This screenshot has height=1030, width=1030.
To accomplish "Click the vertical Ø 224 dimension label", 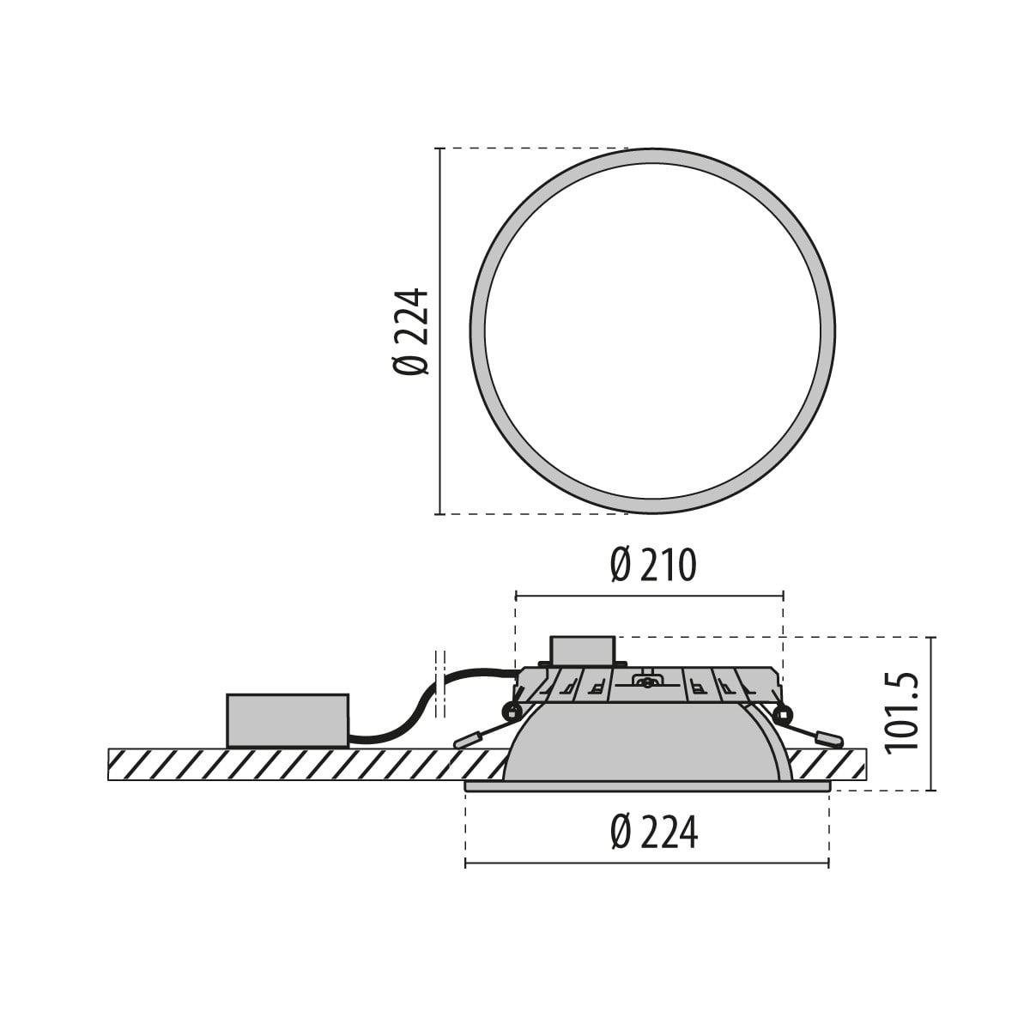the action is (411, 331).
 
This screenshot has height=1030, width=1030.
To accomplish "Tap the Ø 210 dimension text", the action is (652, 566).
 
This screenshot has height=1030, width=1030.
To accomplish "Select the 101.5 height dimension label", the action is (902, 713).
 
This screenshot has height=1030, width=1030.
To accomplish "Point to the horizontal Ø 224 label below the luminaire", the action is (654, 833).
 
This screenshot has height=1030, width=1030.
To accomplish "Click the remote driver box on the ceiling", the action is (288, 720).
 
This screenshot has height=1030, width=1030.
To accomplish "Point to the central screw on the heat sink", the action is (647, 682).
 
